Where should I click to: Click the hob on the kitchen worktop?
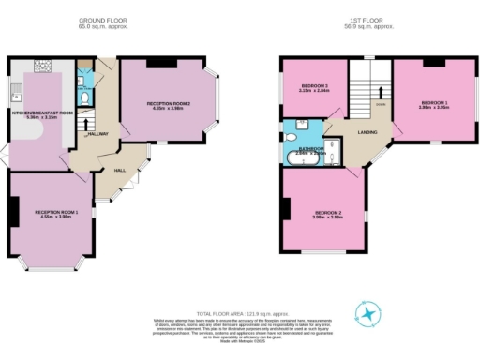click(x=43, y=66)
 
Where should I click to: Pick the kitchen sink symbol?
click(x=17, y=92)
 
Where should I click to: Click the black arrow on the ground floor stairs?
click(x=86, y=122)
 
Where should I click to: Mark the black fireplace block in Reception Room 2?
click(x=170, y=63)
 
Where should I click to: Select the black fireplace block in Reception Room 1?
click(x=13, y=214)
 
